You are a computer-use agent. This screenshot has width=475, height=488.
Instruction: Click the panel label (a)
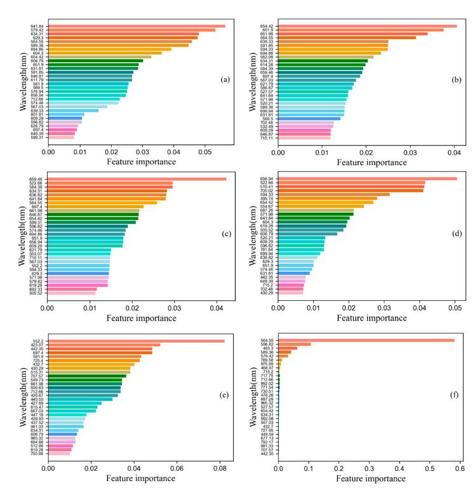click(224, 79)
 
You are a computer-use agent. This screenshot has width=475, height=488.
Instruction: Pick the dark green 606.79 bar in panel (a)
click(96, 61)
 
